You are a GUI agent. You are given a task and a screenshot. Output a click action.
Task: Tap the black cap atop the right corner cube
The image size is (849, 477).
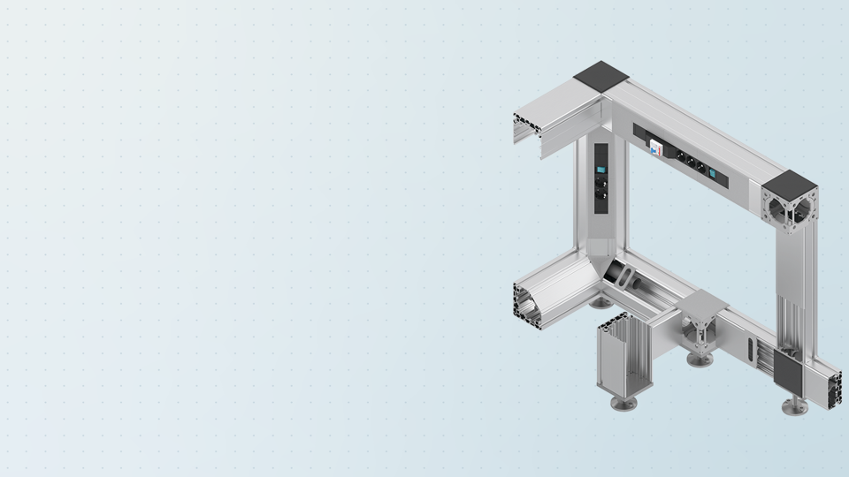[790, 185]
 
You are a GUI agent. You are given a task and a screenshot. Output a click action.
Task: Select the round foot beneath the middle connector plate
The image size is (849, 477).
[701, 360]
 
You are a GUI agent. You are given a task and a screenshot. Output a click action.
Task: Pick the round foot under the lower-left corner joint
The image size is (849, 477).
[600, 302]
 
